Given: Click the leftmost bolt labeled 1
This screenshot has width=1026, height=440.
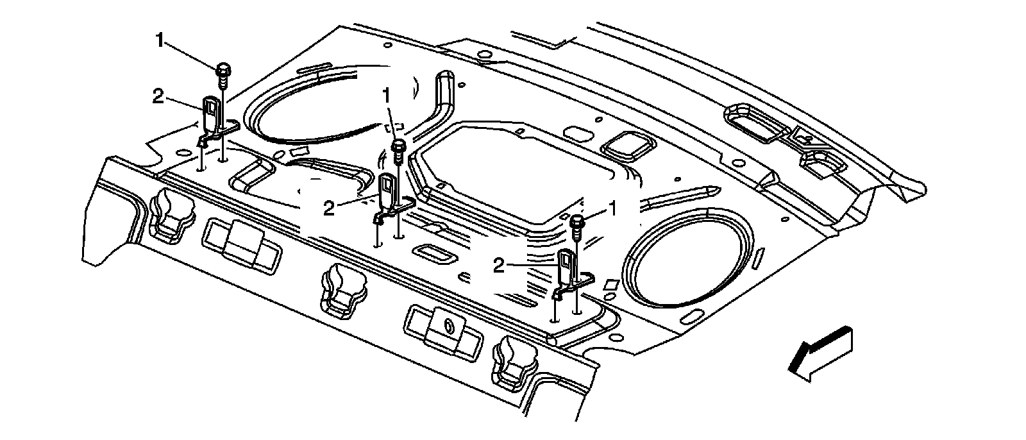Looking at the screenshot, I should coord(223,74).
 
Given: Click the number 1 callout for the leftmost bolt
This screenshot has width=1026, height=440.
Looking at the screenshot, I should coord(159,40).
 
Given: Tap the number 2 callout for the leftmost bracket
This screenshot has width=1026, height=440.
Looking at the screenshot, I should coord(158,96).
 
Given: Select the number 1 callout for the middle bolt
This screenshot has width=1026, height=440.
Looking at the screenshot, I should coord(385,96).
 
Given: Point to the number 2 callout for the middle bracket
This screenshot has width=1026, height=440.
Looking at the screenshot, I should coord(329,209).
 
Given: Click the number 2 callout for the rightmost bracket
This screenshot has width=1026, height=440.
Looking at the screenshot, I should coord(498,265).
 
